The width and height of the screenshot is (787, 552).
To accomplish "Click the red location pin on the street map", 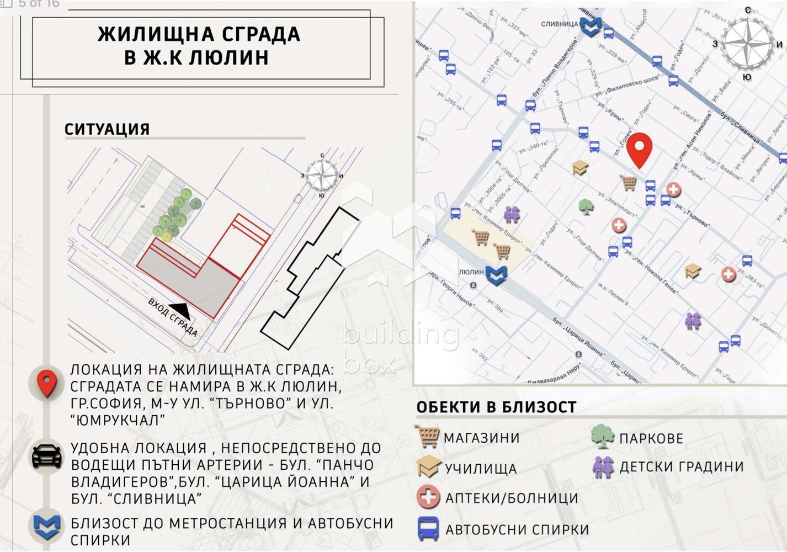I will click(640, 150).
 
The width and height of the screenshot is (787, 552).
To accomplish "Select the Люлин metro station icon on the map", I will click(496, 275).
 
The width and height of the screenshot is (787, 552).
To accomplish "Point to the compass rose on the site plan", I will click(322, 175).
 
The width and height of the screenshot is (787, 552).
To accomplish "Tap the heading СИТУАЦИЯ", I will click(107, 129).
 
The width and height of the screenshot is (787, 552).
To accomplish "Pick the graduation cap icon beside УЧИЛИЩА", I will click(428, 468).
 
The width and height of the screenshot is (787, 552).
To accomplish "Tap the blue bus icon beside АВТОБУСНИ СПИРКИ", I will click(428, 529).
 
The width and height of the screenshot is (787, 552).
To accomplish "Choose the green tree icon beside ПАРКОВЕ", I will click(602, 437).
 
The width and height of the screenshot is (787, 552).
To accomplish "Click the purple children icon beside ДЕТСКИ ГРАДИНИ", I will click(603, 467).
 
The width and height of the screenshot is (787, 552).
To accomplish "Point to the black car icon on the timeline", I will click(47, 457).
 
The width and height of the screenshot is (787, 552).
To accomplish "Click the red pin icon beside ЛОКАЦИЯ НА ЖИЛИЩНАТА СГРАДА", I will click(47, 383).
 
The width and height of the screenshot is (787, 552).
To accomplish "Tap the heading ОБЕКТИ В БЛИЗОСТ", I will click(496, 407).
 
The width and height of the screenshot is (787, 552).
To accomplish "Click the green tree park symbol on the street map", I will click(586, 206).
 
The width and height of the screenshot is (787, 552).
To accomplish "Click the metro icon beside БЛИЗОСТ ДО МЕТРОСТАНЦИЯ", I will click(47, 527).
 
